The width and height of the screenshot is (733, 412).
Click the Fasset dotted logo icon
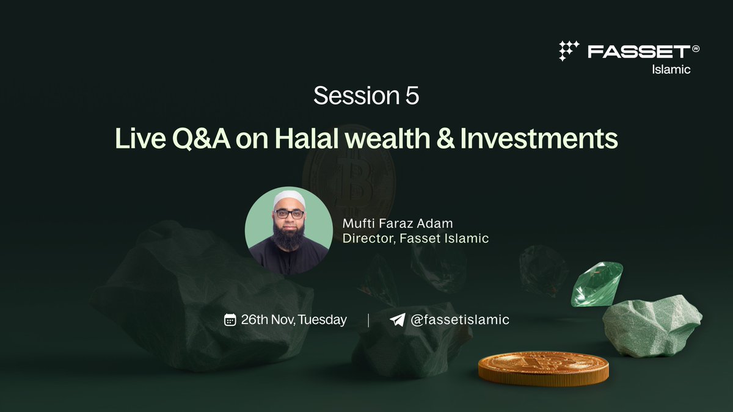point(569,51)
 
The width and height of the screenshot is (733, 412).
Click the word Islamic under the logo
point(670,70)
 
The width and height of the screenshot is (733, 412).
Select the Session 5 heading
point(366,96)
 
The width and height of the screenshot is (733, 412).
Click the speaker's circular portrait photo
point(289,230)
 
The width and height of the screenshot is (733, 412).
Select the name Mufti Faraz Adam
point(398,223)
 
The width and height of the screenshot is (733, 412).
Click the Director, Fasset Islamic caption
point(415,239)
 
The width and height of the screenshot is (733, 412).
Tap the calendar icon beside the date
point(230,320)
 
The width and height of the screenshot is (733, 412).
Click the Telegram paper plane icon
point(397,320)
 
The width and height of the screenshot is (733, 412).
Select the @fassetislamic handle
point(459,320)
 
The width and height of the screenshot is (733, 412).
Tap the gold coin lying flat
point(543,368)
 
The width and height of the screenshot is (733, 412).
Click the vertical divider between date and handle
point(368,320)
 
